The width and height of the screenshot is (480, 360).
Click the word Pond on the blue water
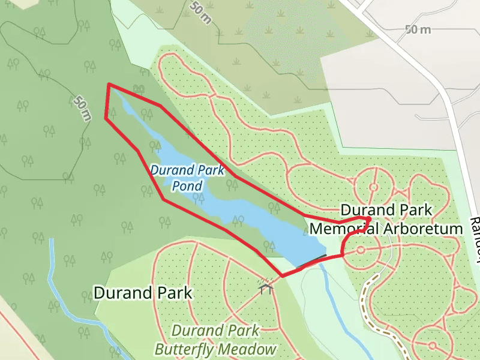(x=187, y=186)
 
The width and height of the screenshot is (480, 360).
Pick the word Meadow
(x=247, y=349)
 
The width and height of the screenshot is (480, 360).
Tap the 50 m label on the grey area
(x=418, y=29)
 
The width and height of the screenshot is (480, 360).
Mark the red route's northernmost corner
(x=109, y=85)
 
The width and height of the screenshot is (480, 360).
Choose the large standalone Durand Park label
(x=143, y=293)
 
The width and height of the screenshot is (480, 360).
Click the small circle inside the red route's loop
(x=361, y=250)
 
